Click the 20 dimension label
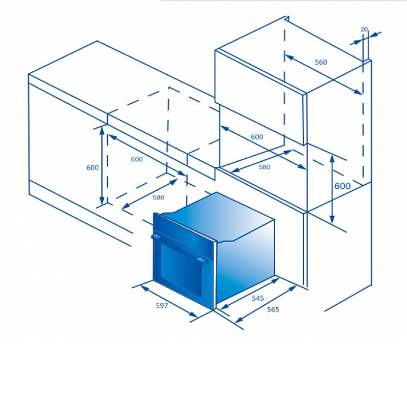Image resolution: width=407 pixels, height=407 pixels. coord(364,30)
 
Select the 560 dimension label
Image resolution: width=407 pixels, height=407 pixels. coord(321,62)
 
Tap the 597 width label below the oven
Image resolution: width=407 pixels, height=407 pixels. coord(162,306)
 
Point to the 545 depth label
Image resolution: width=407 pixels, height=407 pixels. coord(258,298)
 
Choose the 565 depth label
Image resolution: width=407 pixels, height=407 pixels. coord(273,309)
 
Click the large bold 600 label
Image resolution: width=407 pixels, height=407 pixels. coord(342,186)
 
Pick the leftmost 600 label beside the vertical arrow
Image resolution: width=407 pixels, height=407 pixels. coord(93,168)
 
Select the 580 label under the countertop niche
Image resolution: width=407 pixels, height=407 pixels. coord(158,197)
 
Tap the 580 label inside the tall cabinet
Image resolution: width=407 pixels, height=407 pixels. coord(265,167)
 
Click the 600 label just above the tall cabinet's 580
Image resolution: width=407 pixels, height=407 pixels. coord(257,137)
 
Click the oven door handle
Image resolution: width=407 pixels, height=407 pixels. coord(180,248)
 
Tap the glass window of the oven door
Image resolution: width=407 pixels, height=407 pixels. coord(181,271)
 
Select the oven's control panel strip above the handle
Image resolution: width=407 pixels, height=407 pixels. coord(184,234)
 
